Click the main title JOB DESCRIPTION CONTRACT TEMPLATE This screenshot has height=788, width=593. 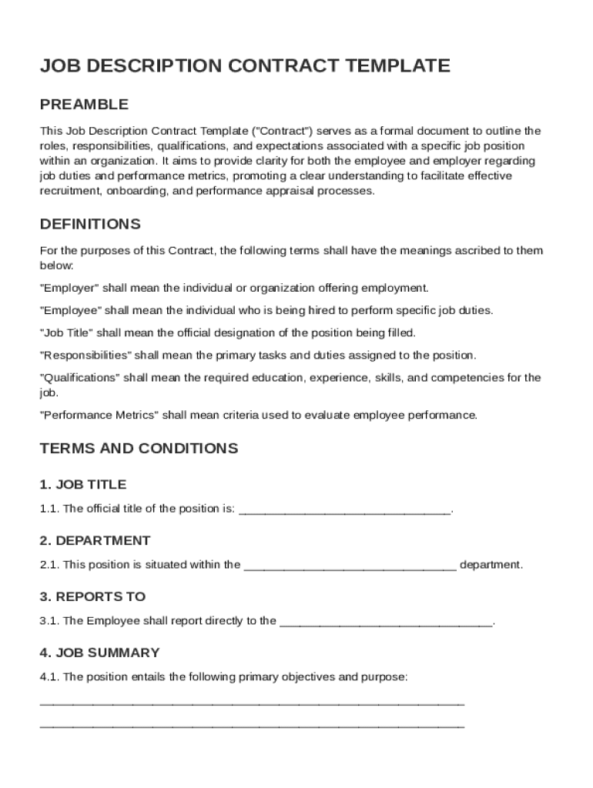(x=245, y=66)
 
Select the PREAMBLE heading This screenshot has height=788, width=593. (x=84, y=105)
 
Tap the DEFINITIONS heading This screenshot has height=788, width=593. (x=90, y=225)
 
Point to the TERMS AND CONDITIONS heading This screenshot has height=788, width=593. (x=139, y=448)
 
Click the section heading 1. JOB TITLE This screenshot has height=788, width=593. (x=82, y=485)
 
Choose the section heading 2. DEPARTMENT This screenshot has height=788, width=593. (x=95, y=540)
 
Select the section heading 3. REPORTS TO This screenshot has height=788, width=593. (x=92, y=596)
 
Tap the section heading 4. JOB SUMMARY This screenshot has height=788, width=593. (x=99, y=653)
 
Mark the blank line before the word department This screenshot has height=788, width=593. (x=350, y=567)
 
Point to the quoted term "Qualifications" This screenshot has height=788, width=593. (x=79, y=378)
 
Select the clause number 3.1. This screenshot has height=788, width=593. (x=49, y=621)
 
